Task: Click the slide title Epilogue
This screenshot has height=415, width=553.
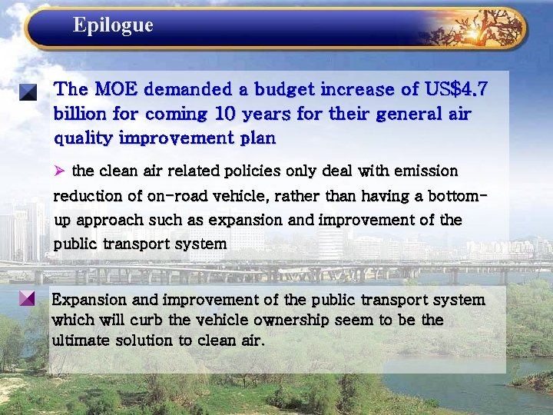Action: pos(113,25)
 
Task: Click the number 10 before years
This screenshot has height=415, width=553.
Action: pos(225,115)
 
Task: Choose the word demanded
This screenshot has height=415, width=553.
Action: pos(194,90)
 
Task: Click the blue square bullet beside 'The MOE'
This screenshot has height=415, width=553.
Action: pos(28,93)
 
